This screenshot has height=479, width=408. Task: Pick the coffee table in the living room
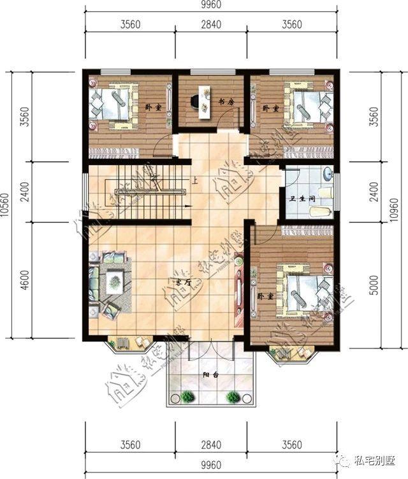[x=115, y=278]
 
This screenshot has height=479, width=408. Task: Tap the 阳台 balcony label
[x=211, y=375]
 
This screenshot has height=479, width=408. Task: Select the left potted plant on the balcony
[x=187, y=396]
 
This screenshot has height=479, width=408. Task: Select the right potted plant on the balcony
[x=235, y=396]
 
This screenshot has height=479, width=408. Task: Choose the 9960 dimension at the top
[x=212, y=8]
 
